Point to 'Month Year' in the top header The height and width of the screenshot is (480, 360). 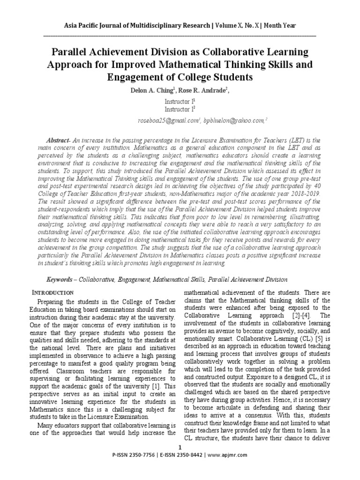tap(279, 25)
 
